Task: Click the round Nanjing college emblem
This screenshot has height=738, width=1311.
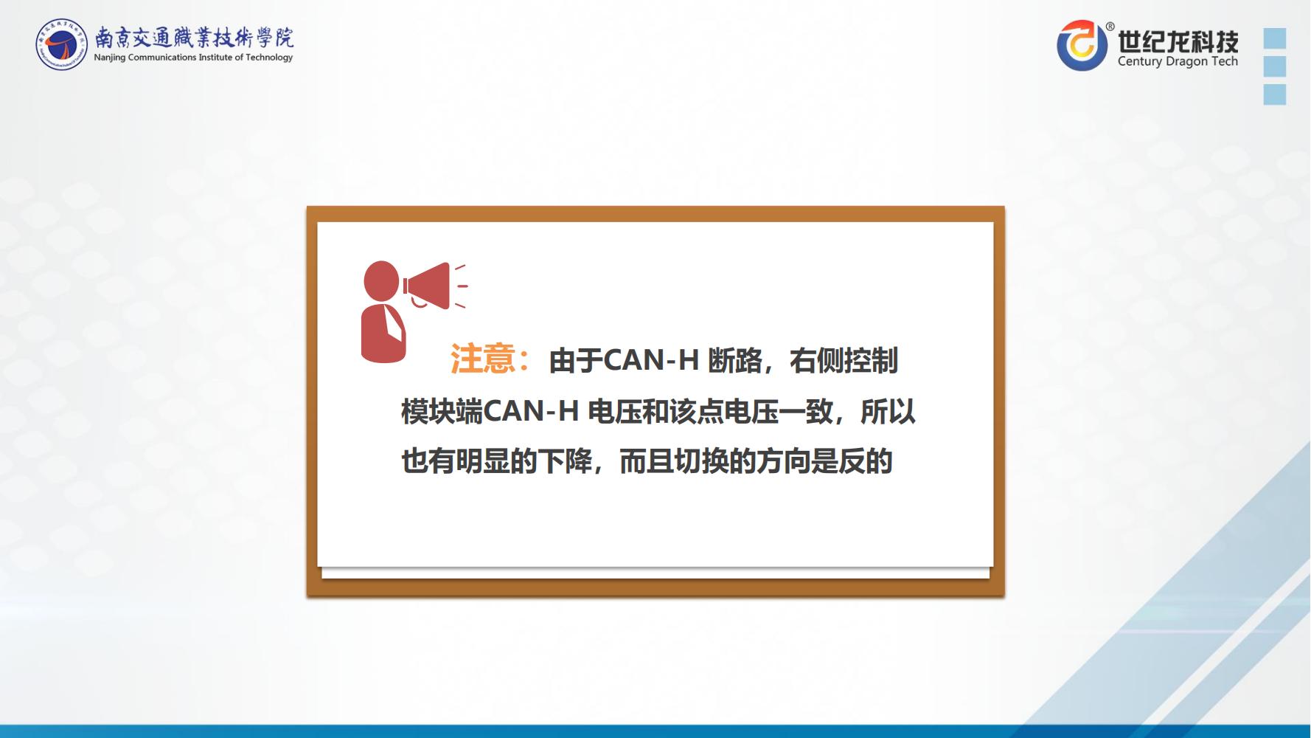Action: click(61, 44)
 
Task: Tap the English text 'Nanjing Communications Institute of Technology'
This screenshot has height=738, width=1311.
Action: click(193, 58)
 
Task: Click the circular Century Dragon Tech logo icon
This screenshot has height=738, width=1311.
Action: click(1082, 46)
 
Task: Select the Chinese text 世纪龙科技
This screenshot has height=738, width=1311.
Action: click(1178, 41)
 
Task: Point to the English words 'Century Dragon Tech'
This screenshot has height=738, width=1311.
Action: click(1178, 61)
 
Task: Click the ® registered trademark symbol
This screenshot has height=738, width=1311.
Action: click(1110, 27)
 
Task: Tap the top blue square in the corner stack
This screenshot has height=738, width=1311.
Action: click(1274, 38)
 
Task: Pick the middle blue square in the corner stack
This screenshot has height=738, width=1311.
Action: click(1274, 66)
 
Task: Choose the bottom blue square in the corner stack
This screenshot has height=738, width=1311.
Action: click(1274, 94)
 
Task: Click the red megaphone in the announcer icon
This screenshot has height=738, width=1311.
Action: click(428, 286)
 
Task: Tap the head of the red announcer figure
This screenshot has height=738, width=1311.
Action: click(381, 280)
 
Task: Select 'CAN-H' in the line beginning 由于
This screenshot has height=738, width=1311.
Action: click(651, 361)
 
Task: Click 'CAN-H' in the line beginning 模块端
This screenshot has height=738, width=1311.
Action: click(531, 412)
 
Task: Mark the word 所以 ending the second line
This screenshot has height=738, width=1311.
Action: click(888, 412)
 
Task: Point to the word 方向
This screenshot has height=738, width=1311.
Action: click(783, 462)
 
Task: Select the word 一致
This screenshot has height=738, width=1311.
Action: click(806, 412)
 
